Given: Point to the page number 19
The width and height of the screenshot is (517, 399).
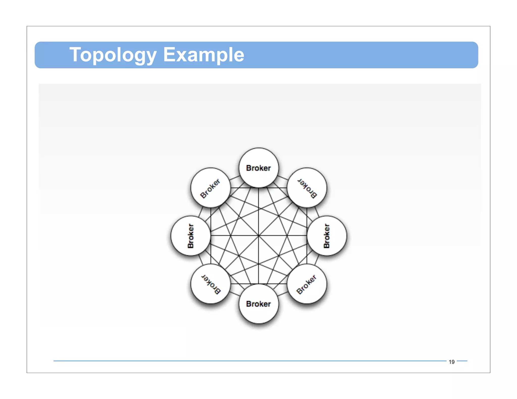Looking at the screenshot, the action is tap(451, 362).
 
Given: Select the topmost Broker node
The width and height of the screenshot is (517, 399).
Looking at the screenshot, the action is tap(258, 168).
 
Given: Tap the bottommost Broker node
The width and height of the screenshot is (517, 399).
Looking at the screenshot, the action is tap(258, 304).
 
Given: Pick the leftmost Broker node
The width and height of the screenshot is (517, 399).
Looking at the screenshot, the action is tap(191, 236).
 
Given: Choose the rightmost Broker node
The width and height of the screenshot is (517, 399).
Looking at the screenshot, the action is tap(327, 236).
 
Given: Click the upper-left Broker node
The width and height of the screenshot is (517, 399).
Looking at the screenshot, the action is tap(211, 188).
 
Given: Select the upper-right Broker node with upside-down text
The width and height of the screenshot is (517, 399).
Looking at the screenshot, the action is tap(307, 188).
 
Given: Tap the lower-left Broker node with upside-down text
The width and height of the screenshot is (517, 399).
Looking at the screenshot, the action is tap(211, 284).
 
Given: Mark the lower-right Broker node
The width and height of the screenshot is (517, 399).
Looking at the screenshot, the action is tap(307, 284).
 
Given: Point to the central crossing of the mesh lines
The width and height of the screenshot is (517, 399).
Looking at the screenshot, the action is tap(258, 236).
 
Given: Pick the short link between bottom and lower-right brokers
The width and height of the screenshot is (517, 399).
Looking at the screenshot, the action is tap(283, 294).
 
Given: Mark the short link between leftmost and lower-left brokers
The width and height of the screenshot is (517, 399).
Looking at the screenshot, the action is tap(200, 260).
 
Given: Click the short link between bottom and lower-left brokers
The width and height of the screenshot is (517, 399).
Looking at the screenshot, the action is tap(235, 294).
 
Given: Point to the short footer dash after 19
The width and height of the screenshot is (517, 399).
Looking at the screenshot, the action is tap(462, 361).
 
